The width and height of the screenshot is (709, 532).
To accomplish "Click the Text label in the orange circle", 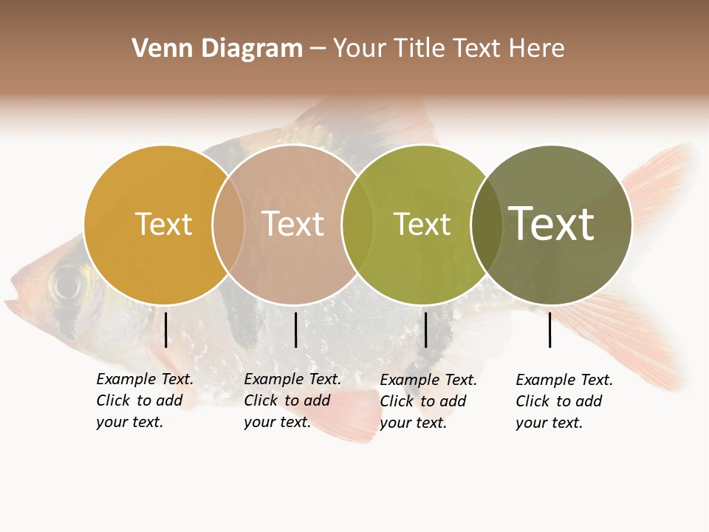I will point(163,224).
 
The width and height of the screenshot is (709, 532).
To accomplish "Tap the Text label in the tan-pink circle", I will point(292,224).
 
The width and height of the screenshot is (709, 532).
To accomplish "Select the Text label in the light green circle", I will point(421,224).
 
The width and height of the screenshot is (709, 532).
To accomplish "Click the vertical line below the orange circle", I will point(166,330).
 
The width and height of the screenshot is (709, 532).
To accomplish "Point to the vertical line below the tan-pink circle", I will point(295,330).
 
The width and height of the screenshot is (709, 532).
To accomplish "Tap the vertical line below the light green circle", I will point(425,330).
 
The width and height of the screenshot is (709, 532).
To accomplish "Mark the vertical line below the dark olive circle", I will point(549,330).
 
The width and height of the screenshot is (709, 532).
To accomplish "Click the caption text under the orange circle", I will point(144,400).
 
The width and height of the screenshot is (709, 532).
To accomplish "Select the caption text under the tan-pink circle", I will point(292,400).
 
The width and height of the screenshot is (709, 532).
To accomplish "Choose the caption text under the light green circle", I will point(428,401).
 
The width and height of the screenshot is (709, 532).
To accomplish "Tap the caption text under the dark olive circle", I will point(564,401).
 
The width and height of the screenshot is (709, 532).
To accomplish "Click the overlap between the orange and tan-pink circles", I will point(228,225).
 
